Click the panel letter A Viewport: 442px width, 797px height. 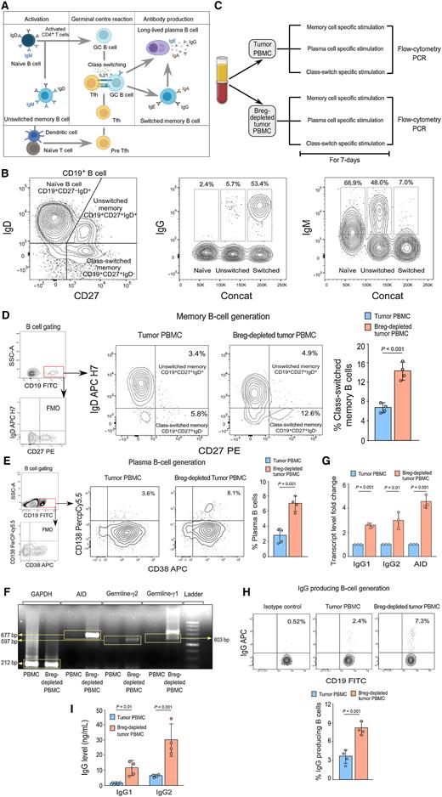(7, 6)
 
